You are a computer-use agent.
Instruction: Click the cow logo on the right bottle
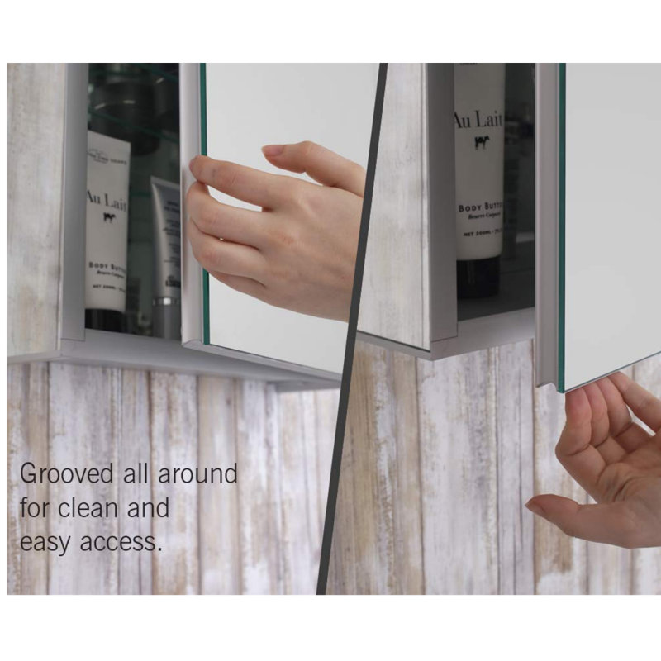tap(478, 141)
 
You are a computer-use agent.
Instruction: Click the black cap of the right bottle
tap(478, 277)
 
